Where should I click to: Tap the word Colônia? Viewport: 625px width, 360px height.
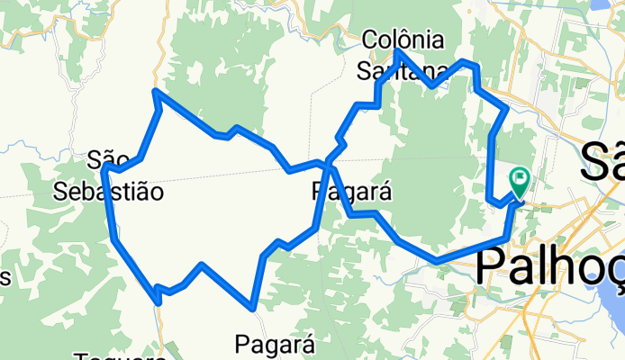tap(403, 40)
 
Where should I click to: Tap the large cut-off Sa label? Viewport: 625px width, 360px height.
tap(602, 162)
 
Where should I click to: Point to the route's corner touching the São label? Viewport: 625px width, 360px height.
tap(106, 168)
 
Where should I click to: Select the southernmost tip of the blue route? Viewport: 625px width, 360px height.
tap(257, 308)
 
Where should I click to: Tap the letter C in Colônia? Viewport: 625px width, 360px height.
tap(372, 40)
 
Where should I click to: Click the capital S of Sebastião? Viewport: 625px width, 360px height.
tap(61, 191)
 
